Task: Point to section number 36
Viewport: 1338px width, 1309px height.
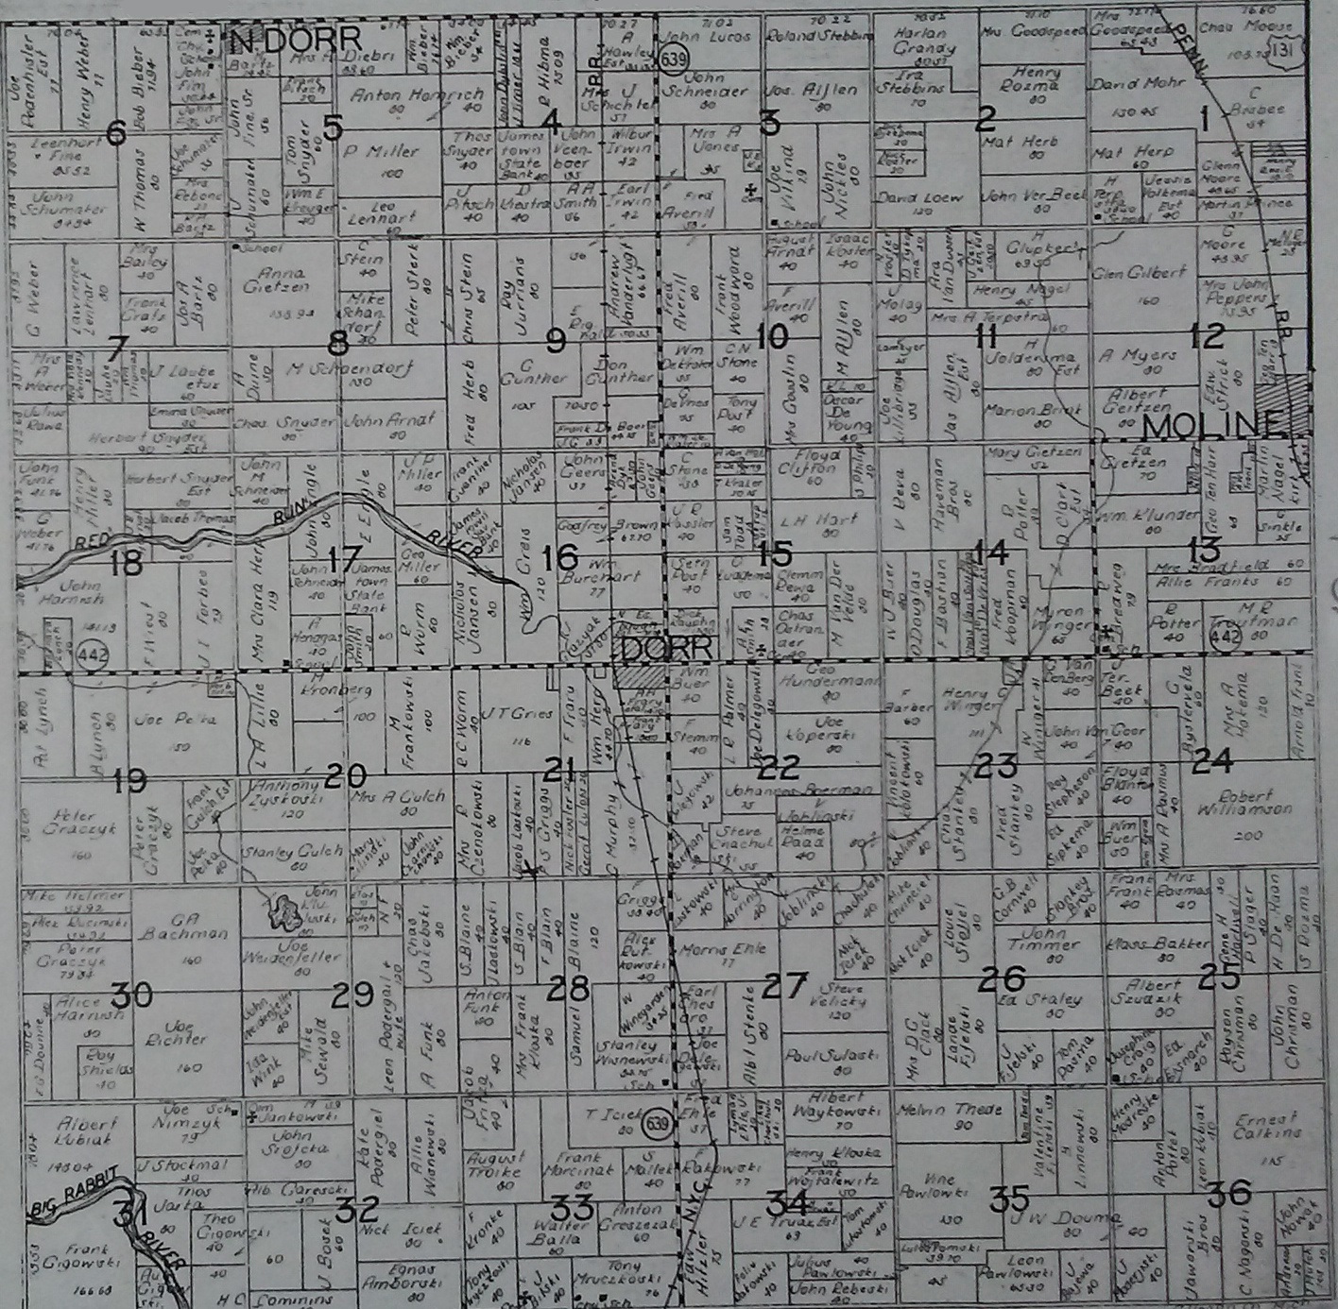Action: click(1229, 1194)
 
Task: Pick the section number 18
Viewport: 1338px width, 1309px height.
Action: click(126, 564)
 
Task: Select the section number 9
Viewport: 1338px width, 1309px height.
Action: click(556, 339)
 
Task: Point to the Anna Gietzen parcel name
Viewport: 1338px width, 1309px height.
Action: click(275, 281)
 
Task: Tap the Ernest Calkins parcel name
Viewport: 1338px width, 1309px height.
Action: click(1267, 1126)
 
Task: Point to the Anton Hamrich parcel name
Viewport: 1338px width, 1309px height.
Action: click(417, 95)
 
